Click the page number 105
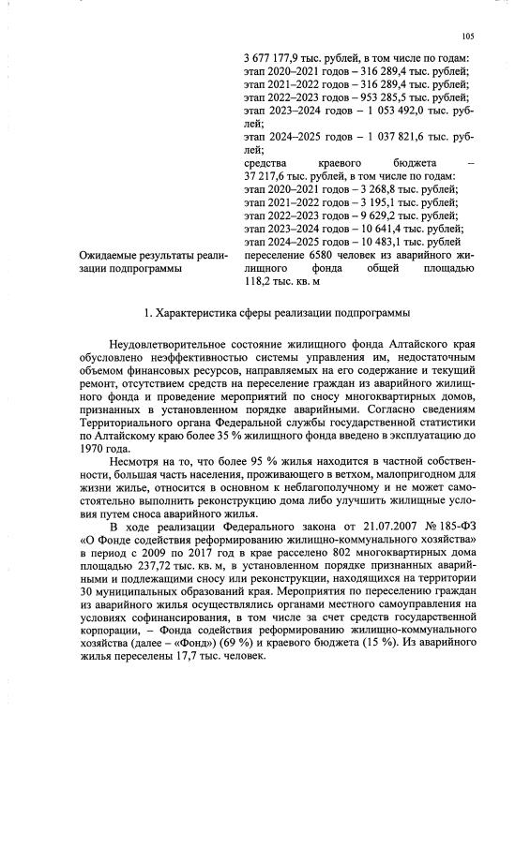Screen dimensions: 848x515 (469, 37)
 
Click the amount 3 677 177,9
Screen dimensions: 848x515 (273, 59)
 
